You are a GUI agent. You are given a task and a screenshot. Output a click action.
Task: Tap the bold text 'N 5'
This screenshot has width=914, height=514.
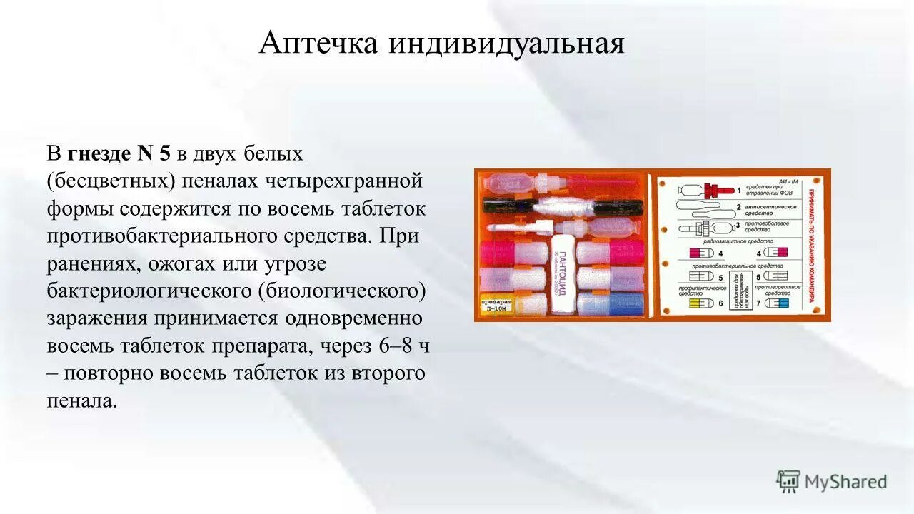pos(154,153)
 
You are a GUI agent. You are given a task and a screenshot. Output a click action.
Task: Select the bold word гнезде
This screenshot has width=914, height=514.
pos(99,153)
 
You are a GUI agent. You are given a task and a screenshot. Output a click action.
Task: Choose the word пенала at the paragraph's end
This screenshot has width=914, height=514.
pos(81,400)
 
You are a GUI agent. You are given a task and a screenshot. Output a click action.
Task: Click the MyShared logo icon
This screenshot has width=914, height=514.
pos(788,482)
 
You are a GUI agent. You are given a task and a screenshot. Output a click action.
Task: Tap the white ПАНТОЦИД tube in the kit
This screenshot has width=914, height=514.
pos(562,275)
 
